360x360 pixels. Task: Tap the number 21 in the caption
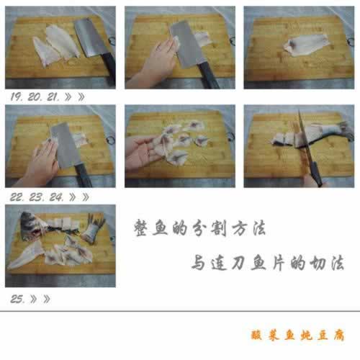click(x=53, y=96)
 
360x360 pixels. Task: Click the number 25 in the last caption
click(x=17, y=299)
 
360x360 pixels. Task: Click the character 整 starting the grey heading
click(x=141, y=228)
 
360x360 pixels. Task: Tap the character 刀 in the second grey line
click(x=238, y=263)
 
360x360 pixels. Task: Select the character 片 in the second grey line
click(x=279, y=263)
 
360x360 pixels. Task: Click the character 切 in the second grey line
click(x=318, y=263)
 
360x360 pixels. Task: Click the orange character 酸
click(x=257, y=335)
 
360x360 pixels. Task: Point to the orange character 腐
click(x=339, y=335)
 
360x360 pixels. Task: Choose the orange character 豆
click(x=323, y=335)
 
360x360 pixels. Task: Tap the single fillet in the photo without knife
click(x=305, y=45)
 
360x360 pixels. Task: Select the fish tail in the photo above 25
click(x=94, y=228)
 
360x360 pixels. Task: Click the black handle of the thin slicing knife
click(x=316, y=174)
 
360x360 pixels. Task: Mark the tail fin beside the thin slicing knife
click(x=346, y=131)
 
